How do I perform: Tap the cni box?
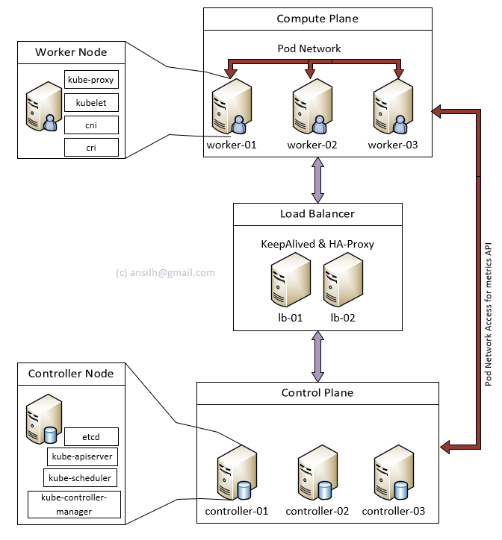(92, 125)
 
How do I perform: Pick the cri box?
(92, 148)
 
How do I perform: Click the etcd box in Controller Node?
(92, 436)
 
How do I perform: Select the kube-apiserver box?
(82, 456)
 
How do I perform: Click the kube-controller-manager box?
(73, 504)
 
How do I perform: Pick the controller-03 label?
(393, 511)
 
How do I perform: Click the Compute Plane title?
(317, 19)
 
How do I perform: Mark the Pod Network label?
(309, 48)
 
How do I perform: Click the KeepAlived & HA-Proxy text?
(317, 244)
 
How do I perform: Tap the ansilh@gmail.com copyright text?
(165, 272)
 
